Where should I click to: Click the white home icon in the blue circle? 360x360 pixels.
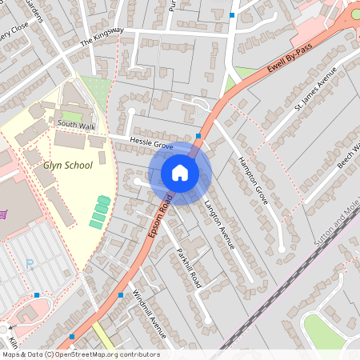point(180,173)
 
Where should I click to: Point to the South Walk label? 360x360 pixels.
point(75,125)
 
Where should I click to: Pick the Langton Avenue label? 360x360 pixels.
point(219,224)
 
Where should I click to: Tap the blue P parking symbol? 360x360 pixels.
point(30,263)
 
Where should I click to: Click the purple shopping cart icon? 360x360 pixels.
point(4,214)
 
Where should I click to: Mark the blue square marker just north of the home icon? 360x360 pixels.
point(198,136)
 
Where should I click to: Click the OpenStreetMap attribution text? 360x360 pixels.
point(80,354)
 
